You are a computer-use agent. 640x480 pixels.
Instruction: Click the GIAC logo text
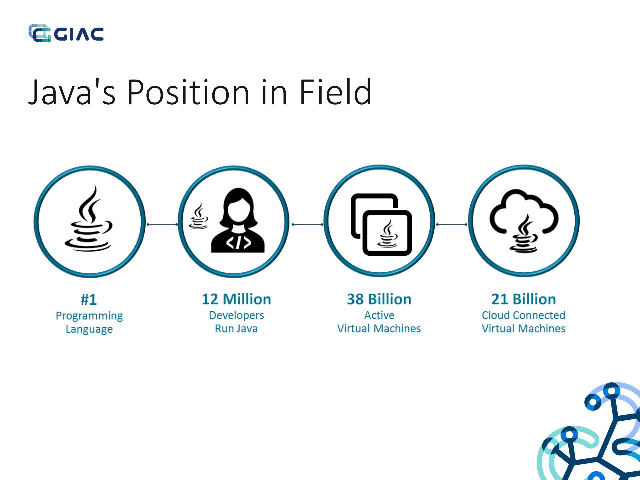click(79, 34)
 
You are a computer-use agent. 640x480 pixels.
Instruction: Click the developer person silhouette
click(238, 220)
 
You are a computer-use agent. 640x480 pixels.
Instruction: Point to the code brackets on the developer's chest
click(238, 243)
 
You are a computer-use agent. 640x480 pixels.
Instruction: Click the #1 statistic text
click(89, 299)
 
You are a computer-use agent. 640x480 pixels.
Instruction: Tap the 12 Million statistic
click(236, 299)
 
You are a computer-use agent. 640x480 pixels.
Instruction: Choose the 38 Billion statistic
click(379, 299)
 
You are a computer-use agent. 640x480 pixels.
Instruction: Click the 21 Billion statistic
click(524, 299)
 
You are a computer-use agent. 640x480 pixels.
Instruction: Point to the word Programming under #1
click(89, 316)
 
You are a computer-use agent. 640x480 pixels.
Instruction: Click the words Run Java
click(236, 329)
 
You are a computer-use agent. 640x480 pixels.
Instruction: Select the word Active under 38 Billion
click(379, 315)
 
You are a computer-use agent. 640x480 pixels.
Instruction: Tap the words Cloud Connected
click(524, 315)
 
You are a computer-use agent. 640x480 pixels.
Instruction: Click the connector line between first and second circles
click(162, 224)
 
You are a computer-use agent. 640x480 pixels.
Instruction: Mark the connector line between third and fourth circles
click(452, 224)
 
